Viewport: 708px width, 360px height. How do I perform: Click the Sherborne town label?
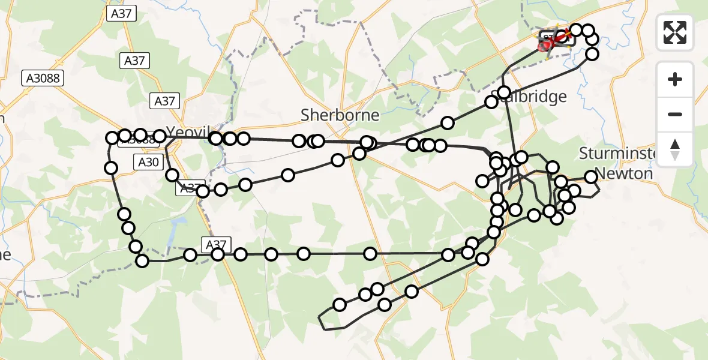point(340,115)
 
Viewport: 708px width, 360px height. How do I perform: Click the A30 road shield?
point(148,161)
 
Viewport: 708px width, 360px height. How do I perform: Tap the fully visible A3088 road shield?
point(44,78)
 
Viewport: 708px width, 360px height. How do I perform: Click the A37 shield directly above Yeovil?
point(164,101)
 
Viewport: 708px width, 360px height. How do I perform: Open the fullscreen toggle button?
point(675,32)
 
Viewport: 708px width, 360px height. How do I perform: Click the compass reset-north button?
point(675,149)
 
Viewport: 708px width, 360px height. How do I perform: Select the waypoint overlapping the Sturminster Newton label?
point(591,176)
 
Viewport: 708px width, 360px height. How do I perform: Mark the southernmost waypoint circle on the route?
point(340,305)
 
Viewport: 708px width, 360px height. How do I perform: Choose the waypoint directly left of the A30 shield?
point(110,168)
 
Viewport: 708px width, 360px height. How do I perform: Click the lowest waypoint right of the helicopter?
point(592,54)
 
